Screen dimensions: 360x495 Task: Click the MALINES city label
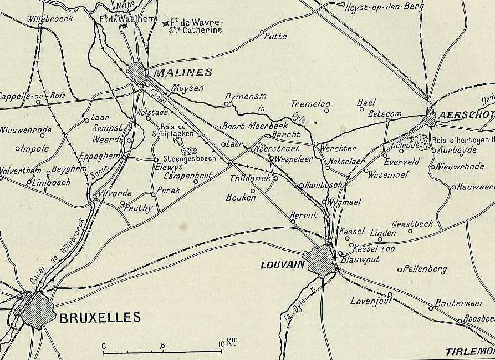click(x=182, y=72)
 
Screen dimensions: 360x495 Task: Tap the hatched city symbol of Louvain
click(x=320, y=261)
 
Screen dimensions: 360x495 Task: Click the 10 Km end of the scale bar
click(x=222, y=351)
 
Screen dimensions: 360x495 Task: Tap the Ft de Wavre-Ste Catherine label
click(x=196, y=26)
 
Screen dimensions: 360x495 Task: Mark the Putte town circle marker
click(x=262, y=32)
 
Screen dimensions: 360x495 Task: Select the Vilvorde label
click(x=115, y=193)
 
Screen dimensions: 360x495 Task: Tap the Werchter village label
click(x=337, y=148)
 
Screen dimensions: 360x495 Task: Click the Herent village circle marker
click(x=293, y=222)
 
